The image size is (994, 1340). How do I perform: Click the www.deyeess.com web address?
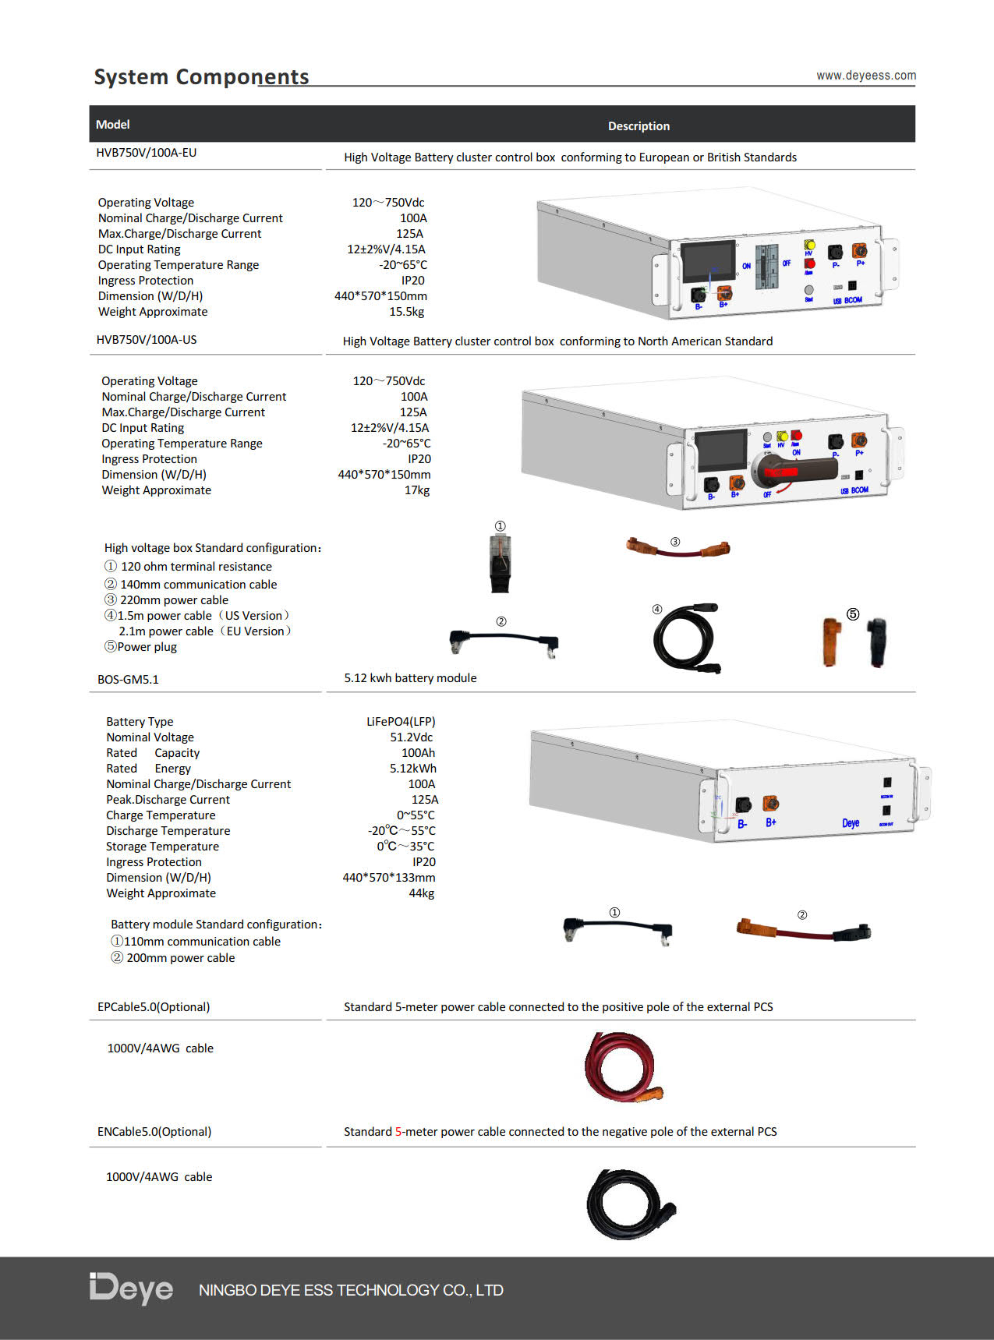(x=866, y=76)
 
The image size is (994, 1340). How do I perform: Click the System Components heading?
(x=201, y=76)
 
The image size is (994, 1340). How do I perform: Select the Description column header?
(x=638, y=126)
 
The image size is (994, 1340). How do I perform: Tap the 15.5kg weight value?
(x=407, y=312)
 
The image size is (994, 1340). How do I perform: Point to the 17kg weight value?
(x=417, y=490)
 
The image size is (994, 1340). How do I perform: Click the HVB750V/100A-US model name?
(x=147, y=340)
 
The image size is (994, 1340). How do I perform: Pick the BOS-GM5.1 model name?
(x=128, y=680)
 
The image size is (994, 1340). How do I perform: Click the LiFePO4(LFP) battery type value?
(x=401, y=722)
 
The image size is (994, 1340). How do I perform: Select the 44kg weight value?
(x=422, y=893)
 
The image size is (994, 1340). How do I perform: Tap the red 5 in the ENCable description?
(x=398, y=1132)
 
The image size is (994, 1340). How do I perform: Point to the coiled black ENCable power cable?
(x=631, y=1204)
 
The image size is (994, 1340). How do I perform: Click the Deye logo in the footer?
(x=131, y=1289)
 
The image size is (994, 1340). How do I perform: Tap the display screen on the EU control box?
(x=709, y=262)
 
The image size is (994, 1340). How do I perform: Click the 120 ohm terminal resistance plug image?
(x=500, y=563)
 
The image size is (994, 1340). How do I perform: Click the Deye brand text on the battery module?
(x=851, y=823)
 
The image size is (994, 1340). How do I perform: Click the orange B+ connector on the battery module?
(x=770, y=804)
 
